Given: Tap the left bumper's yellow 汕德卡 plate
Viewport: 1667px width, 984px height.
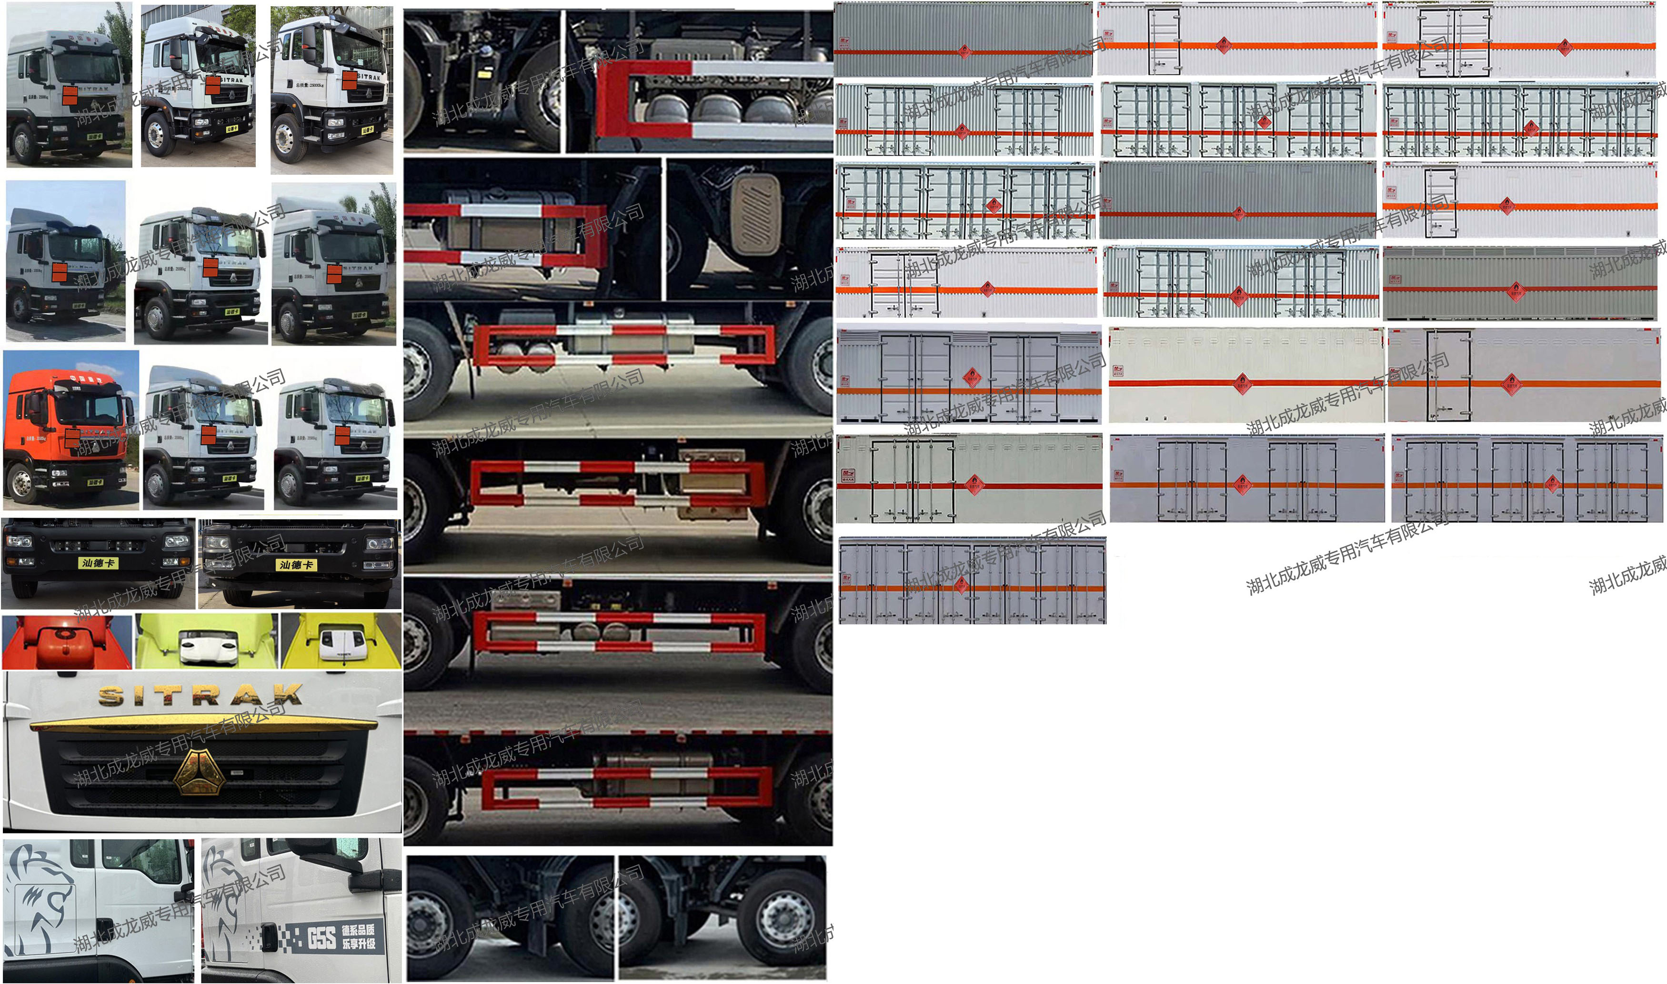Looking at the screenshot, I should pos(98,563).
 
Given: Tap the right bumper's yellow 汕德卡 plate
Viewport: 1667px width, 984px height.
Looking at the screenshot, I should pos(296,565).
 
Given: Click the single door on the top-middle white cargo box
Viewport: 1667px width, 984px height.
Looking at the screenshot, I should pos(1165,41).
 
